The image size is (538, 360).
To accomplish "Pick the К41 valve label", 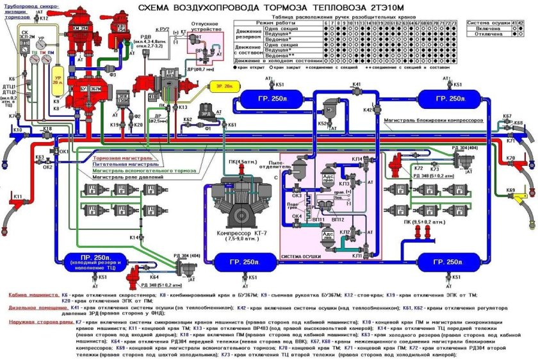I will tap(355, 85).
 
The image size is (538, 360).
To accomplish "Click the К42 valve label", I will tap(368, 110).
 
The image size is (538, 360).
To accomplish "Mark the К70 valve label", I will tap(510, 158).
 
